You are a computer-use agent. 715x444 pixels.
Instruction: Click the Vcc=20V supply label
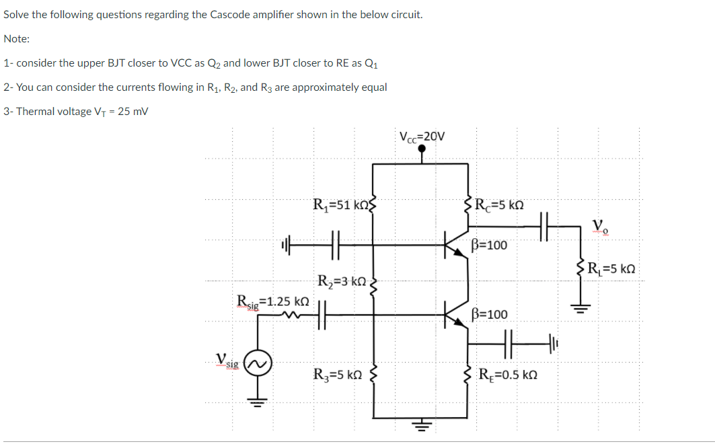pyautogui.click(x=422, y=136)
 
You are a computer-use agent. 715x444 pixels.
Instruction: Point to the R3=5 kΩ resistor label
pyautogui.click(x=339, y=374)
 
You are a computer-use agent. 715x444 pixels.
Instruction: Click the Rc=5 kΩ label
pyautogui.click(x=498, y=204)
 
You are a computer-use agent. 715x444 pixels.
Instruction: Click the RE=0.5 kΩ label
pyautogui.click(x=507, y=375)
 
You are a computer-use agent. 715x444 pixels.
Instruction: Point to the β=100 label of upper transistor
pyautogui.click(x=489, y=245)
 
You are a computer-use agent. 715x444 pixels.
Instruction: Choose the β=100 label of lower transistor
pyautogui.click(x=489, y=314)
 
